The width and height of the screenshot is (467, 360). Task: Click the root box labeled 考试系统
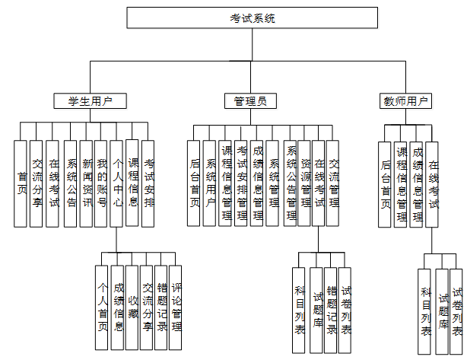pos(252,18)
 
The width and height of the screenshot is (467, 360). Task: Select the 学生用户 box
pos(90,100)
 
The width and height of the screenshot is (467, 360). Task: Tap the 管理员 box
pos(250,100)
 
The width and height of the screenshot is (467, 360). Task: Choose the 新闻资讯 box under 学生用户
pos(85,183)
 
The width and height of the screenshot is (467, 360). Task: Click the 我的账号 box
pos(101,183)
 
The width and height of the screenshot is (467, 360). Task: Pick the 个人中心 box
pos(116,183)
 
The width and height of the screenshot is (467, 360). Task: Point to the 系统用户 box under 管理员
pos(210,183)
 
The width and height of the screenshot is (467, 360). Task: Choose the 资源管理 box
pos(304,183)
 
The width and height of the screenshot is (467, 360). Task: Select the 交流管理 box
pos(334,183)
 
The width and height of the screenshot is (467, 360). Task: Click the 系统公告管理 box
pos(290,183)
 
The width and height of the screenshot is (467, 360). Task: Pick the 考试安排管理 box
pos(240,183)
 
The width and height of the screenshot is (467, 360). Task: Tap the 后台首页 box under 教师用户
pos(386,183)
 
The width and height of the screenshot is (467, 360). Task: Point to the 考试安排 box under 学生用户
pos(148,183)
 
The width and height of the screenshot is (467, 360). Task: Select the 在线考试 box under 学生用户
pos(52,183)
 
